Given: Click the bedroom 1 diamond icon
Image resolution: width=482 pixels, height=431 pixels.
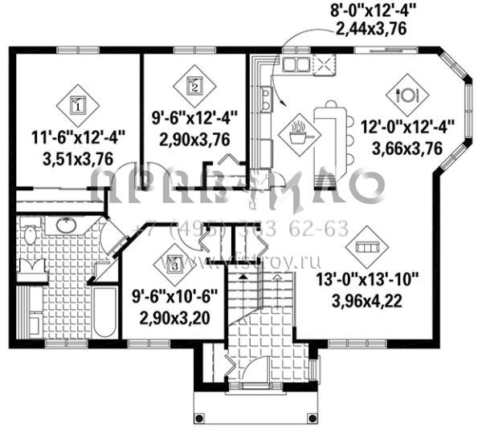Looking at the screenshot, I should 77,103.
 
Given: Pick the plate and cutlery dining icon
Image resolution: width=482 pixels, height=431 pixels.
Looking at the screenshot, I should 406,93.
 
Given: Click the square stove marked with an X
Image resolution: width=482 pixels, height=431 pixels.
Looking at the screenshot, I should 325,64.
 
